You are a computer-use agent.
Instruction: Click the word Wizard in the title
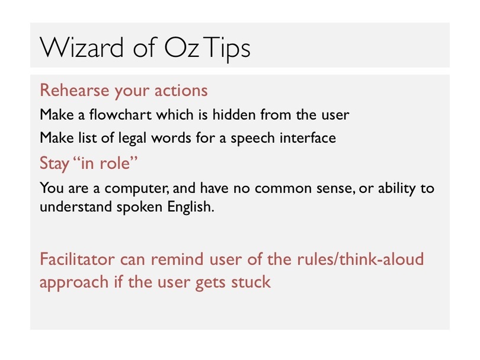click(x=81, y=47)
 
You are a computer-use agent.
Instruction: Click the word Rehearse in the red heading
click(x=75, y=90)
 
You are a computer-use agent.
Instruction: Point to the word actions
click(x=181, y=90)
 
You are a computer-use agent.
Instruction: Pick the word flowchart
click(x=120, y=114)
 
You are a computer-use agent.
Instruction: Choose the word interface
click(x=308, y=137)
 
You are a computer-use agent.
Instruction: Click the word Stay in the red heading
click(x=54, y=163)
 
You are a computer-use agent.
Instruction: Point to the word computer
click(x=136, y=188)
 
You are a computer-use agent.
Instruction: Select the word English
click(x=190, y=207)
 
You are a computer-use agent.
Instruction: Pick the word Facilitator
click(x=77, y=259)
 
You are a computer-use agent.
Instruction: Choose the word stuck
click(x=251, y=281)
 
